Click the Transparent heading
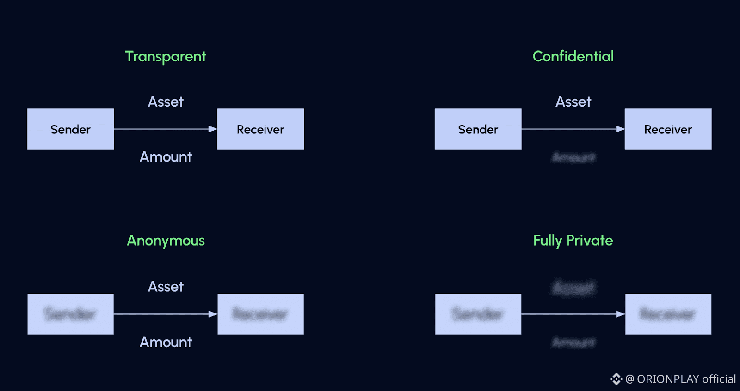[166, 56]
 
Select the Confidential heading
[573, 56]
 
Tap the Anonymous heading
[166, 241]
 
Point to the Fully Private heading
[573, 241]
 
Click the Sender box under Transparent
[70, 129]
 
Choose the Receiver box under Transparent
[260, 129]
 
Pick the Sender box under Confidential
[478, 129]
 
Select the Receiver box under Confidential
[668, 129]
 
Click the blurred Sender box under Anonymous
[70, 314]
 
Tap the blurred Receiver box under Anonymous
[260, 314]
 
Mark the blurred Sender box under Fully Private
[478, 314]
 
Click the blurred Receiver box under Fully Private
[668, 314]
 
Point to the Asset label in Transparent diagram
[166, 102]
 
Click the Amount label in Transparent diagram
[166, 157]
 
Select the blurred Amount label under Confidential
[573, 157]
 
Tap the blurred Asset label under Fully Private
[573, 288]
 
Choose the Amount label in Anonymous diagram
[166, 342]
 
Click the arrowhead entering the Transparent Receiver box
[213, 129]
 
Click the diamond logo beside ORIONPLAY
[616, 379]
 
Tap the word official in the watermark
[719, 379]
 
